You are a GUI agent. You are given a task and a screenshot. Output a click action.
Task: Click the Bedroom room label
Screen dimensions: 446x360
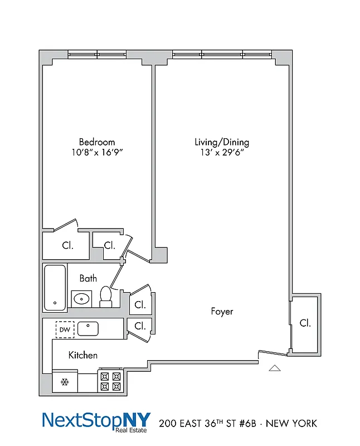pyautogui.click(x=96, y=142)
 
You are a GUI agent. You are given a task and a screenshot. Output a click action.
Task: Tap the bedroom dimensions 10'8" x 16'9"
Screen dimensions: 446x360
pyautogui.click(x=96, y=152)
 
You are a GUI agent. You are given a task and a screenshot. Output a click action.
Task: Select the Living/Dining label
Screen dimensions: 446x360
pyautogui.click(x=221, y=142)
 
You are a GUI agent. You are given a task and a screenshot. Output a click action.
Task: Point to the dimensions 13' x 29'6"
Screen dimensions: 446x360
pyautogui.click(x=221, y=152)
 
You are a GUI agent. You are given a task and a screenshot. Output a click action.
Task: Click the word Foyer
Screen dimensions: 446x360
pyautogui.click(x=222, y=311)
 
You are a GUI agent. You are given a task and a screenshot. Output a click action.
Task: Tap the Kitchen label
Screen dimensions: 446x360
pyautogui.click(x=83, y=355)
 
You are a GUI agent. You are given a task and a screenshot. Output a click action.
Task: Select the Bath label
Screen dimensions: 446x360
pyautogui.click(x=87, y=278)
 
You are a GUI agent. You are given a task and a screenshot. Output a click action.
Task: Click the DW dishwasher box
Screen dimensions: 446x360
pyautogui.click(x=65, y=330)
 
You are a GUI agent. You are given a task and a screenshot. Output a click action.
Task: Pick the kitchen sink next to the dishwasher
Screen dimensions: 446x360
pyautogui.click(x=88, y=329)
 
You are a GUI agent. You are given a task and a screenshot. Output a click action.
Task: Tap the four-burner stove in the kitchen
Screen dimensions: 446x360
pyautogui.click(x=110, y=381)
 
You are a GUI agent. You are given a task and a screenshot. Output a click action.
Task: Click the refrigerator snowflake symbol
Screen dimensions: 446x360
pyautogui.click(x=64, y=382)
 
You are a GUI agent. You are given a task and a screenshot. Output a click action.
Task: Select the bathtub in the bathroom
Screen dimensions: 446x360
pyautogui.click(x=55, y=288)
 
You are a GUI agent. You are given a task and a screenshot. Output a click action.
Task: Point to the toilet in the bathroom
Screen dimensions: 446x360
pyautogui.click(x=106, y=296)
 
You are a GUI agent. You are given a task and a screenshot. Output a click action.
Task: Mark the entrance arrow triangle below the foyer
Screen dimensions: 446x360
pyautogui.click(x=275, y=367)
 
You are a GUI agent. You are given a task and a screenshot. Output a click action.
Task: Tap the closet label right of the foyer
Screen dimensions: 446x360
pyautogui.click(x=305, y=323)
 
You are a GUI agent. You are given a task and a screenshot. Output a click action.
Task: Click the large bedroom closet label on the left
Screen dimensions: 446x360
pyautogui.click(x=66, y=245)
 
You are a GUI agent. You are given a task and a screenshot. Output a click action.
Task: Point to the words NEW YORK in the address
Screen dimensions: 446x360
pyautogui.click(x=291, y=423)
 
